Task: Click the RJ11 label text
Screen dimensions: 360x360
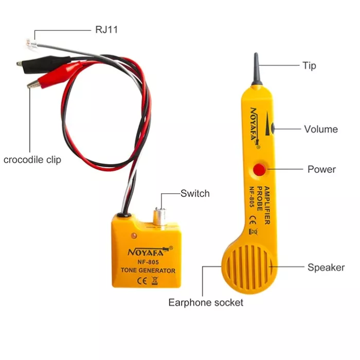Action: (x=106, y=30)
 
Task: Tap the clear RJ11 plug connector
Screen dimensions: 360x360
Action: (x=31, y=44)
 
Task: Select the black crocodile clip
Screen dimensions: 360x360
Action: (x=44, y=64)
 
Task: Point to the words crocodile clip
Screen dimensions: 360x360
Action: (x=32, y=160)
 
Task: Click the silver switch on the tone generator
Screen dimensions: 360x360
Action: (x=160, y=216)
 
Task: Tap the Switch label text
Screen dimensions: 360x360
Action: (x=195, y=193)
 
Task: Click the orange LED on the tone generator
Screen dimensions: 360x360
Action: (x=134, y=236)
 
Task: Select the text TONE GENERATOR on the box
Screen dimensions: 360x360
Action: (x=148, y=271)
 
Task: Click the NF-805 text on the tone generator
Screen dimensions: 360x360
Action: (x=148, y=262)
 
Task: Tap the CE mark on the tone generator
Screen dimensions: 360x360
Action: (x=141, y=281)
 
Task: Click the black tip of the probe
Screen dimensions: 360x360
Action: (x=257, y=69)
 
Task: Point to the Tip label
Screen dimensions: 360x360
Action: (x=309, y=66)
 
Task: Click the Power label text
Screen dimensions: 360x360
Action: (x=321, y=169)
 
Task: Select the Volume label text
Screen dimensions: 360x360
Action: (x=321, y=129)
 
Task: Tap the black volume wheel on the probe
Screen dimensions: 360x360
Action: (x=273, y=128)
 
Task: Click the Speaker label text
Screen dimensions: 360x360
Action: (x=326, y=267)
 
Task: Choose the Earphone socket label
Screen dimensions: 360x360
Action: (x=206, y=302)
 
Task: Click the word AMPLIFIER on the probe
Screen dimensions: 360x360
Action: (x=267, y=205)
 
